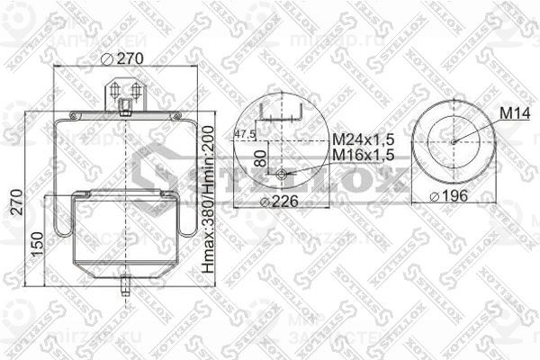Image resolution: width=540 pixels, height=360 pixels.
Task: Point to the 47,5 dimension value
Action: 244,135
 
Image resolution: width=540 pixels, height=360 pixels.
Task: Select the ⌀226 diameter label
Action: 279,201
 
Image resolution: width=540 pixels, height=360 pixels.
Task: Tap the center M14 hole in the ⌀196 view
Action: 454,140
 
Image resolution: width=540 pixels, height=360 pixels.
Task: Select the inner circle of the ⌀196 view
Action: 454,108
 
